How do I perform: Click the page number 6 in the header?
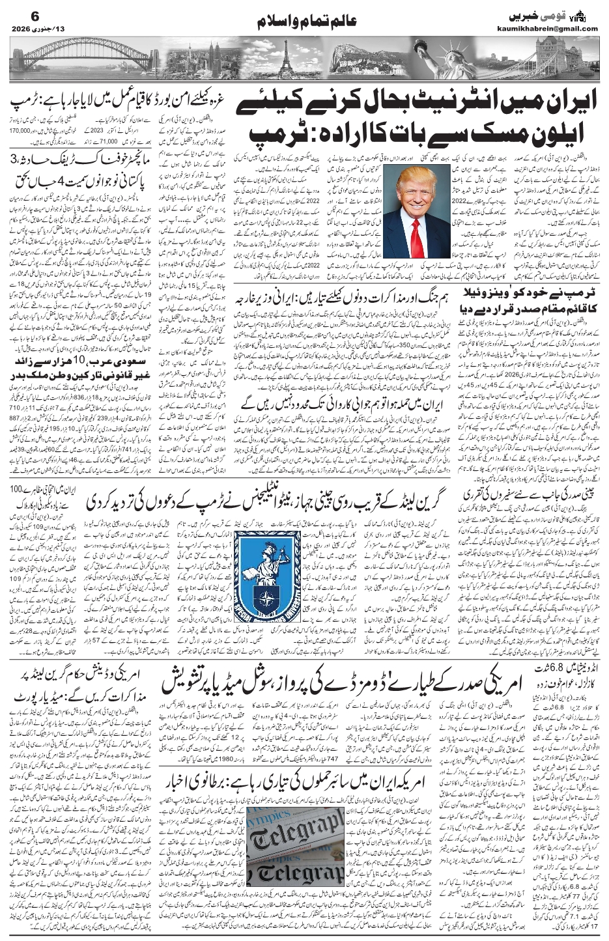[18, 15]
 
